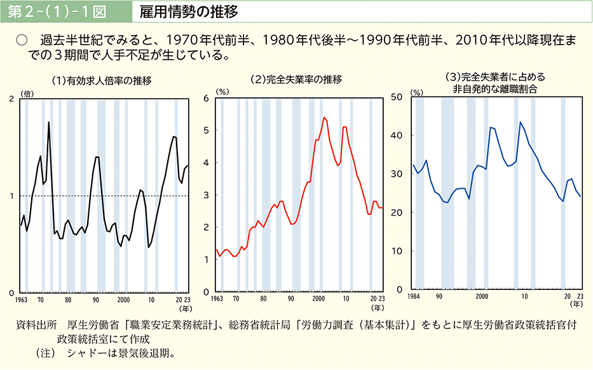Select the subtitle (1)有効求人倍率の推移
point(102,80)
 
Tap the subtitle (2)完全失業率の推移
point(296,80)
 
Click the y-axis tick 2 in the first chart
point(13,99)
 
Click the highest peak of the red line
point(324,117)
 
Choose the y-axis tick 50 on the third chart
point(399,97)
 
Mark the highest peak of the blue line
point(521,122)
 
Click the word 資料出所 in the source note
point(36,325)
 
